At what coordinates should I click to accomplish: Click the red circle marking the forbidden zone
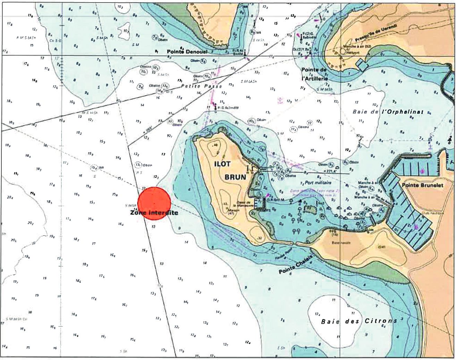point(154,203)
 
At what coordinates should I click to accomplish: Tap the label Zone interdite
point(154,213)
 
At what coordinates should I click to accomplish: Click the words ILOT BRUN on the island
point(235,170)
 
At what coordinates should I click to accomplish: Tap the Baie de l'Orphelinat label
point(388,112)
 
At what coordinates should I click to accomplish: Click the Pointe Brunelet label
point(422,185)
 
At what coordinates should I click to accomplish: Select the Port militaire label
point(318,182)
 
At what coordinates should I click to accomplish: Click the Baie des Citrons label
point(359,321)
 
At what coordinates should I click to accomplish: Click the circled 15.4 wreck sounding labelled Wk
point(94,168)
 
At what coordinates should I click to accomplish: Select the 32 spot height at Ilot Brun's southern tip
point(259,238)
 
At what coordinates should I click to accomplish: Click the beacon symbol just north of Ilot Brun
point(216,105)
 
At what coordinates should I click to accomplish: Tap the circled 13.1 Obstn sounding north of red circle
point(138,164)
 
